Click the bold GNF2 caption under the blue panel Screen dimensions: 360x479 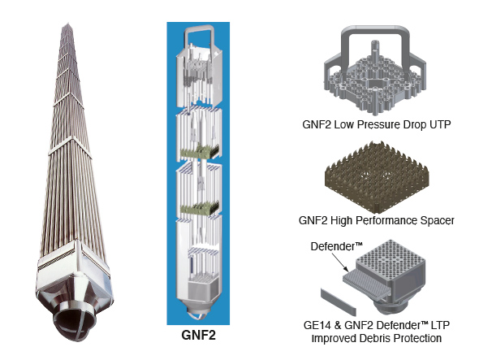coord(199,333)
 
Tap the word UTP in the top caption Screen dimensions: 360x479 coord(435,124)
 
